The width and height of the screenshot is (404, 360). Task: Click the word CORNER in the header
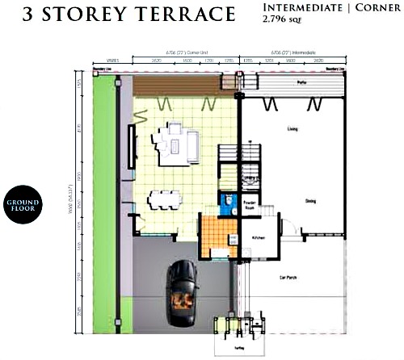371,7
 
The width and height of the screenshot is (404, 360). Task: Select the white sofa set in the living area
178,142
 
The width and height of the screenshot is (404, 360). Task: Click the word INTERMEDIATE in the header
299,7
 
